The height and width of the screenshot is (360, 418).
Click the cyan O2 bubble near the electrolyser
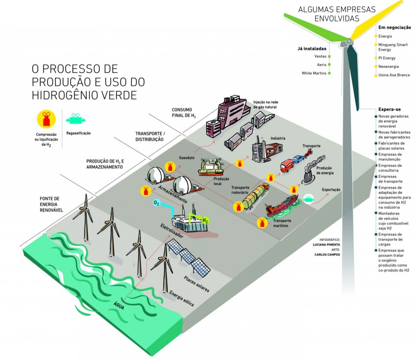pos(156,203)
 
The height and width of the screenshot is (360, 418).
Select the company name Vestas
pos(320,56)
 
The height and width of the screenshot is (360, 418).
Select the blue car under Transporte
pos(298,159)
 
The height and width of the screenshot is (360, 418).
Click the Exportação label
pos(331,190)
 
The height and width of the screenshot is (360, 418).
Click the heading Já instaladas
pos(312,49)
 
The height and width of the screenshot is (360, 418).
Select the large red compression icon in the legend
pos(46,119)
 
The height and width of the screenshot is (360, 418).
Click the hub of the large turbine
pos(349,42)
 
